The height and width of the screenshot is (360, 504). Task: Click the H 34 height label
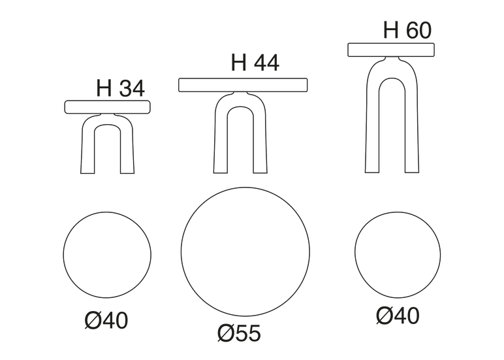click(121, 88)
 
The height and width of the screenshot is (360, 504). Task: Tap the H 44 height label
click(255, 63)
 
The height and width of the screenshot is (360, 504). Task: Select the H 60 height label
click(407, 30)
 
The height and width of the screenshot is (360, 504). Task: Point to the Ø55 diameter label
click(239, 333)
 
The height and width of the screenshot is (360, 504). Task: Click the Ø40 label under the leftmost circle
click(106, 320)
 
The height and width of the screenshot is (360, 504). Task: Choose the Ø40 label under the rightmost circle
click(398, 316)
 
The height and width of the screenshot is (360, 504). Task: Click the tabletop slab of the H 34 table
click(108, 106)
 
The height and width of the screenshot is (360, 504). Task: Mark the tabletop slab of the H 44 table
click(243, 85)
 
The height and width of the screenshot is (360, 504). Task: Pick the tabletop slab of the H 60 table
click(391, 50)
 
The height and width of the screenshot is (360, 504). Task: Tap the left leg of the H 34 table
click(87, 148)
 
